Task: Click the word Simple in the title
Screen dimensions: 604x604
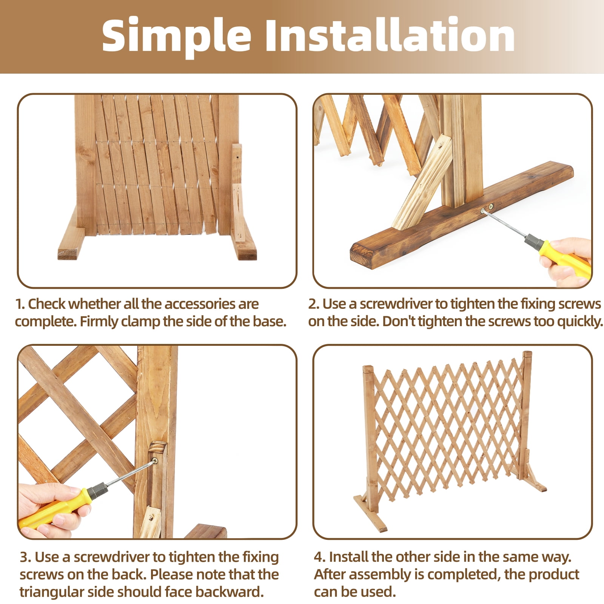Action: [x=177, y=36]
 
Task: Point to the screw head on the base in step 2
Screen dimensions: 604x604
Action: [x=491, y=206]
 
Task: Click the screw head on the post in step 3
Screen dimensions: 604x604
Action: [x=155, y=461]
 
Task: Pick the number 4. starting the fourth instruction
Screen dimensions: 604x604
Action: [x=320, y=557]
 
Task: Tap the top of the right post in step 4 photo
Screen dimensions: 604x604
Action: [x=527, y=354]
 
